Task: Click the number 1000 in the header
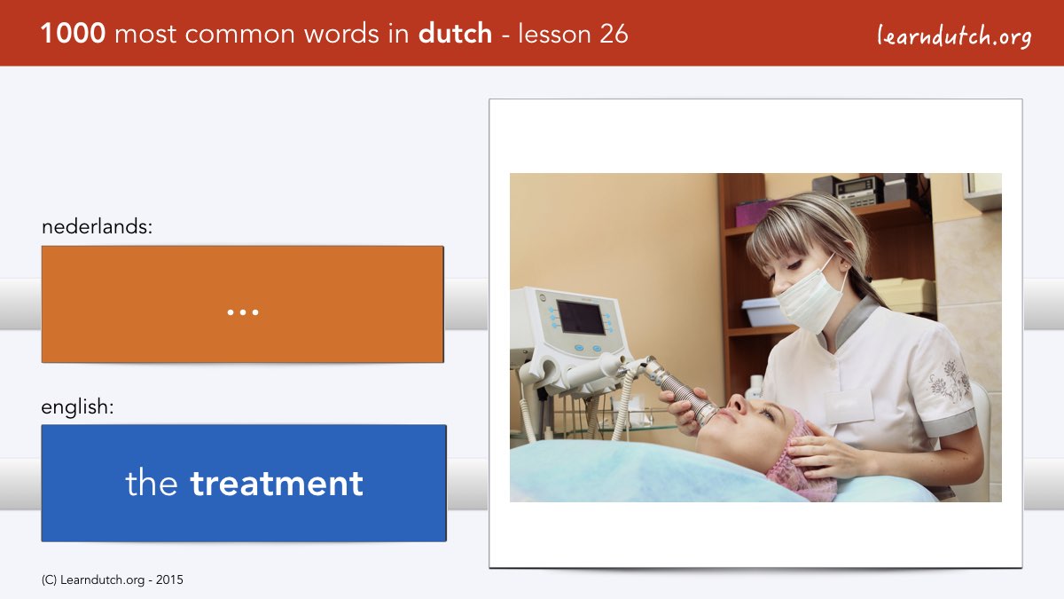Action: click(73, 34)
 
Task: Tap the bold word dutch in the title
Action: click(455, 34)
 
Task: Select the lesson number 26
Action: click(614, 35)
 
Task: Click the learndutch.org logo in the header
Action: click(954, 36)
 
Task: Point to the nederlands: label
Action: click(97, 227)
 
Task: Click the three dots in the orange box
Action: click(243, 312)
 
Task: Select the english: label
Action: click(77, 407)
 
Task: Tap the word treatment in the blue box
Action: click(277, 484)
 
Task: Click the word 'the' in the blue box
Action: click(152, 483)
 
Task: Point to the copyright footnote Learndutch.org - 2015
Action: click(113, 580)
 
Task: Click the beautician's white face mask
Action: click(810, 296)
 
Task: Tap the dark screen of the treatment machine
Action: click(581, 317)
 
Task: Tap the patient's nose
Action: click(737, 404)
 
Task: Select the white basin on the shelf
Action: click(762, 311)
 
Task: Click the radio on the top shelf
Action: click(856, 190)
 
